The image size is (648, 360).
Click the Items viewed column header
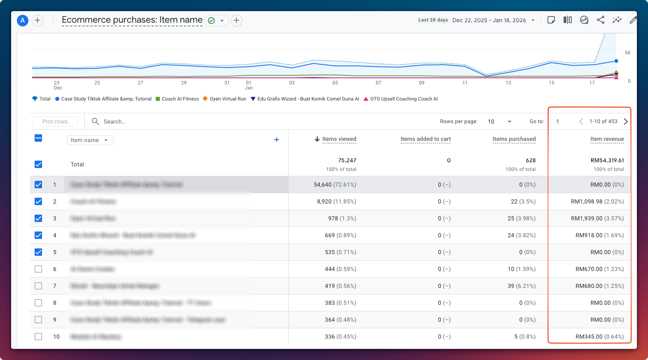pyautogui.click(x=339, y=139)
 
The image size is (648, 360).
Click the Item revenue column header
pyautogui.click(x=607, y=139)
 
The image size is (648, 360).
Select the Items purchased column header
pyautogui.click(x=514, y=139)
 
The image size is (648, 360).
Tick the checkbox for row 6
pyautogui.click(x=38, y=269)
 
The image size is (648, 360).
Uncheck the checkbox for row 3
pyautogui.click(x=38, y=218)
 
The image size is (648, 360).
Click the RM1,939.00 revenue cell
pyautogui.click(x=597, y=218)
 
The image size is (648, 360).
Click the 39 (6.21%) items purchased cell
pyautogui.click(x=521, y=286)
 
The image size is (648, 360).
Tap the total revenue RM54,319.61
pyautogui.click(x=607, y=160)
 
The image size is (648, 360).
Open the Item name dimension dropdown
pyautogui.click(x=90, y=140)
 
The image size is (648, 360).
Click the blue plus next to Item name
pyautogui.click(x=276, y=140)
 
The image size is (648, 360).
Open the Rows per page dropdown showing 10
pyautogui.click(x=499, y=122)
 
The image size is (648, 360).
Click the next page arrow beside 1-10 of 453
pyautogui.click(x=626, y=122)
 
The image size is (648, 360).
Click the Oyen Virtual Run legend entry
pyautogui.click(x=227, y=99)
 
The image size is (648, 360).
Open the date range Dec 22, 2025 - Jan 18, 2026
pyautogui.click(x=489, y=20)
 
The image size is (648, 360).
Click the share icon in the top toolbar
pyautogui.click(x=601, y=20)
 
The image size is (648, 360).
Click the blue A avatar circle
pyautogui.click(x=23, y=20)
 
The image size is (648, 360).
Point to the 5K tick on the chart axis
pyautogui.click(x=627, y=53)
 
